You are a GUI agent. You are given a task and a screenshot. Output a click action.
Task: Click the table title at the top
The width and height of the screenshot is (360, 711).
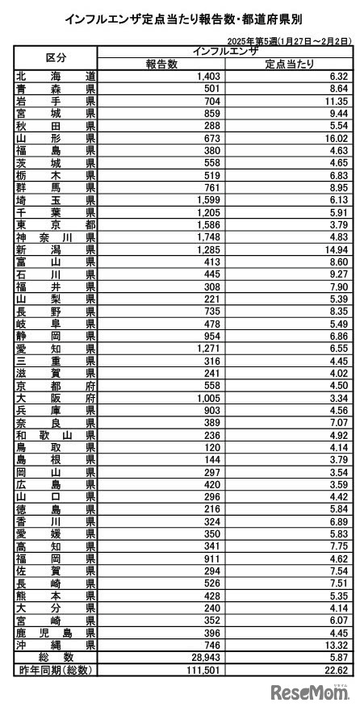coord(179,17)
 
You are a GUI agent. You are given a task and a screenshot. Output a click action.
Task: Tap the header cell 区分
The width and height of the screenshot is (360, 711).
coord(56,57)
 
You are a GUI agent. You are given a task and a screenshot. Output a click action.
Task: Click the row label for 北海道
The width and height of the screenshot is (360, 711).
coord(56,76)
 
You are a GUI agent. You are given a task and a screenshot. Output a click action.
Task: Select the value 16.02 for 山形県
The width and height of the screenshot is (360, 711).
coord(332,139)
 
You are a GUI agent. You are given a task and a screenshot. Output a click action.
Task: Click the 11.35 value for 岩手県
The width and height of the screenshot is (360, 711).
coord(332,101)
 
